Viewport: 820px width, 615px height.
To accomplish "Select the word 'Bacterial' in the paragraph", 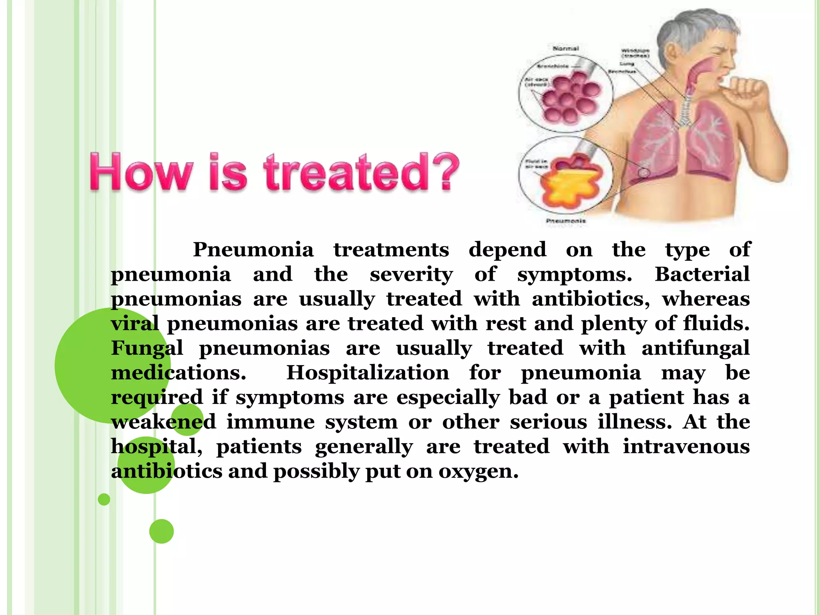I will click(702, 275).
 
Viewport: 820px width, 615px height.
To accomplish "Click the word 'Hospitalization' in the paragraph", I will click(368, 373).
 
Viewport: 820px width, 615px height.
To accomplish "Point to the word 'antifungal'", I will click(695, 348).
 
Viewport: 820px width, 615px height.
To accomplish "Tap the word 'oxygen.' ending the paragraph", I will click(478, 472).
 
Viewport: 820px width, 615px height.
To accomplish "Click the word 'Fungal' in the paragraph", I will click(147, 348).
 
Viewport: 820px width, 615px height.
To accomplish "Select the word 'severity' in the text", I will click(411, 275).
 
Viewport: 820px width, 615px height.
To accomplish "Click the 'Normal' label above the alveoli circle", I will click(565, 48).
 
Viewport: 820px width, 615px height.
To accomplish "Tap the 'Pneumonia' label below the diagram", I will click(566, 221).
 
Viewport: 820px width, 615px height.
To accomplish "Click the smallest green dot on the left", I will click(104, 499).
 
